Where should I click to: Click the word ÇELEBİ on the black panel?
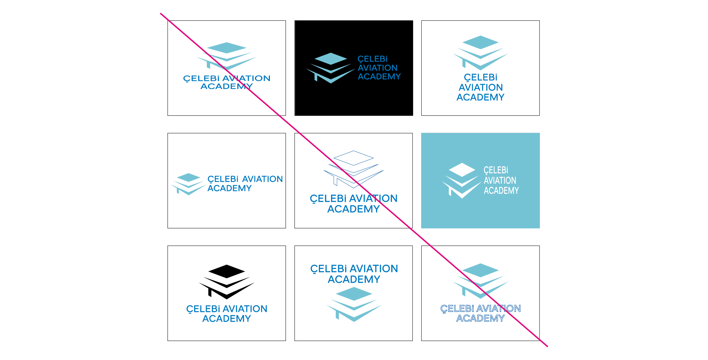coord(372,59)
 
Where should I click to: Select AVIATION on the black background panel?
coord(378,68)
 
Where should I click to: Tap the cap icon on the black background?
coord(331,68)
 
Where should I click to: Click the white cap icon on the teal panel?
coord(462,180)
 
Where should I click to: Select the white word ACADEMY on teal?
coord(501,191)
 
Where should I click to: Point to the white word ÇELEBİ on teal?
coord(496,170)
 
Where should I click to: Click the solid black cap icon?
coord(227,281)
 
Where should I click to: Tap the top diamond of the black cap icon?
coord(227,271)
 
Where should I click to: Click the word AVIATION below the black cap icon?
coord(245,309)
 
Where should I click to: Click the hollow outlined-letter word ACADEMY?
coord(480,318)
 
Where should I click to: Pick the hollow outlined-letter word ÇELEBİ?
coord(457,309)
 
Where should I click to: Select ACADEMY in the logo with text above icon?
coord(354,279)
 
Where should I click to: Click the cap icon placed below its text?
coord(354,304)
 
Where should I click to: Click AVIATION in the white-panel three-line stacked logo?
coord(481,88)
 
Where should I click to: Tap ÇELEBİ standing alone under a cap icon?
coord(481,77)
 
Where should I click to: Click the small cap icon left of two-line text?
coord(188,184)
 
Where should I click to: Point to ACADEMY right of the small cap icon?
coord(230,188)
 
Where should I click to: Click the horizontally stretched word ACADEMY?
coord(227,86)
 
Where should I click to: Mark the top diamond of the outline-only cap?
coord(353,158)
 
